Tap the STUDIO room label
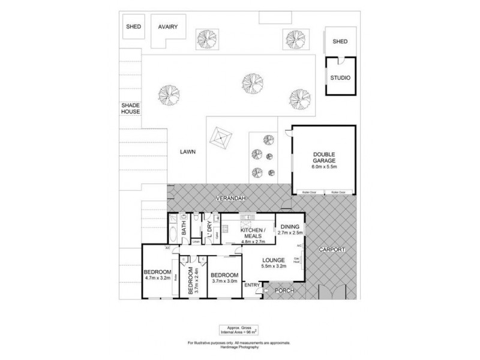(340, 78)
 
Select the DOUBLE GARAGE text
(325, 157)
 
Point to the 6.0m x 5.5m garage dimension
(325, 166)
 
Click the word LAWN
(188, 152)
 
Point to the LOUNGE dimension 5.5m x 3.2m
(273, 266)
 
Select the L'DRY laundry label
(209, 229)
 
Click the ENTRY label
(252, 286)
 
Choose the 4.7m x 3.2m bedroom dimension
(157, 278)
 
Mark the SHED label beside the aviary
(133, 27)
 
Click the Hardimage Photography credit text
(239, 347)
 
